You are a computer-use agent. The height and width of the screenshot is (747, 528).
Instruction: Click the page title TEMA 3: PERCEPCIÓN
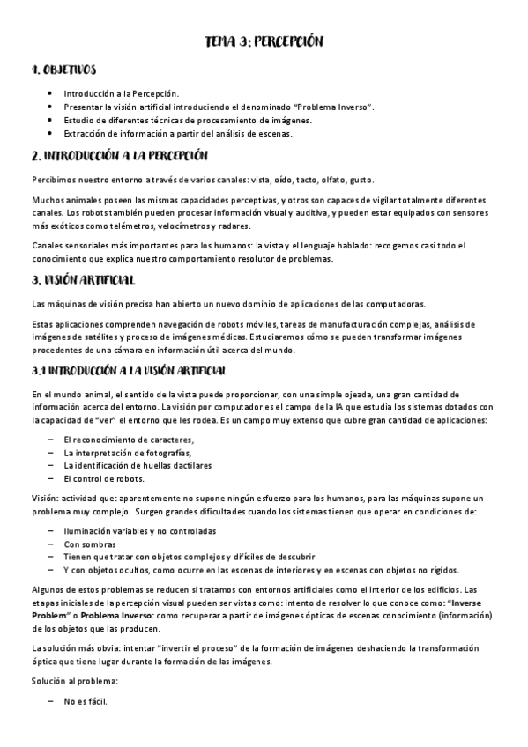[264, 41]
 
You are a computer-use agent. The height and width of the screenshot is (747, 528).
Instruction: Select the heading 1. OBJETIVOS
[63, 69]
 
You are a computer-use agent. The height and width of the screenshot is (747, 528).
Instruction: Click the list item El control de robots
[103, 478]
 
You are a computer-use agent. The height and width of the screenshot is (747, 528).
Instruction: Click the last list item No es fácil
[86, 702]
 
